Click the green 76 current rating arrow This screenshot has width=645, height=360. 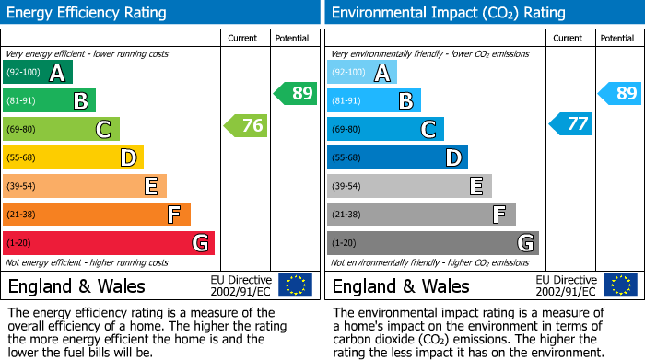246,126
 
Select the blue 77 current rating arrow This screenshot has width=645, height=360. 571,123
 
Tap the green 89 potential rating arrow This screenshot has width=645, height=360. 295,93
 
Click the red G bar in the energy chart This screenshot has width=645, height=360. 109,243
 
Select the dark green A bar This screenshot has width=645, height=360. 38,73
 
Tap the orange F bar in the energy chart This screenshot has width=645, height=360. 97,215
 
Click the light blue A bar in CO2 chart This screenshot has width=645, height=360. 362,73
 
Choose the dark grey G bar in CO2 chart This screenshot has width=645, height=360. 432,243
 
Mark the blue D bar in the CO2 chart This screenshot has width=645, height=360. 397,158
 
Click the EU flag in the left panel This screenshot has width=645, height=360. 295,285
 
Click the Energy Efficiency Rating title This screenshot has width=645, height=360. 88,13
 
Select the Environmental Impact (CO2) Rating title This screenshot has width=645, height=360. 448,13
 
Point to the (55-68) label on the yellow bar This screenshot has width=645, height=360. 22,158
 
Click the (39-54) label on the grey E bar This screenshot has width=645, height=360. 346,187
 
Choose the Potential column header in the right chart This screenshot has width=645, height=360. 617,38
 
